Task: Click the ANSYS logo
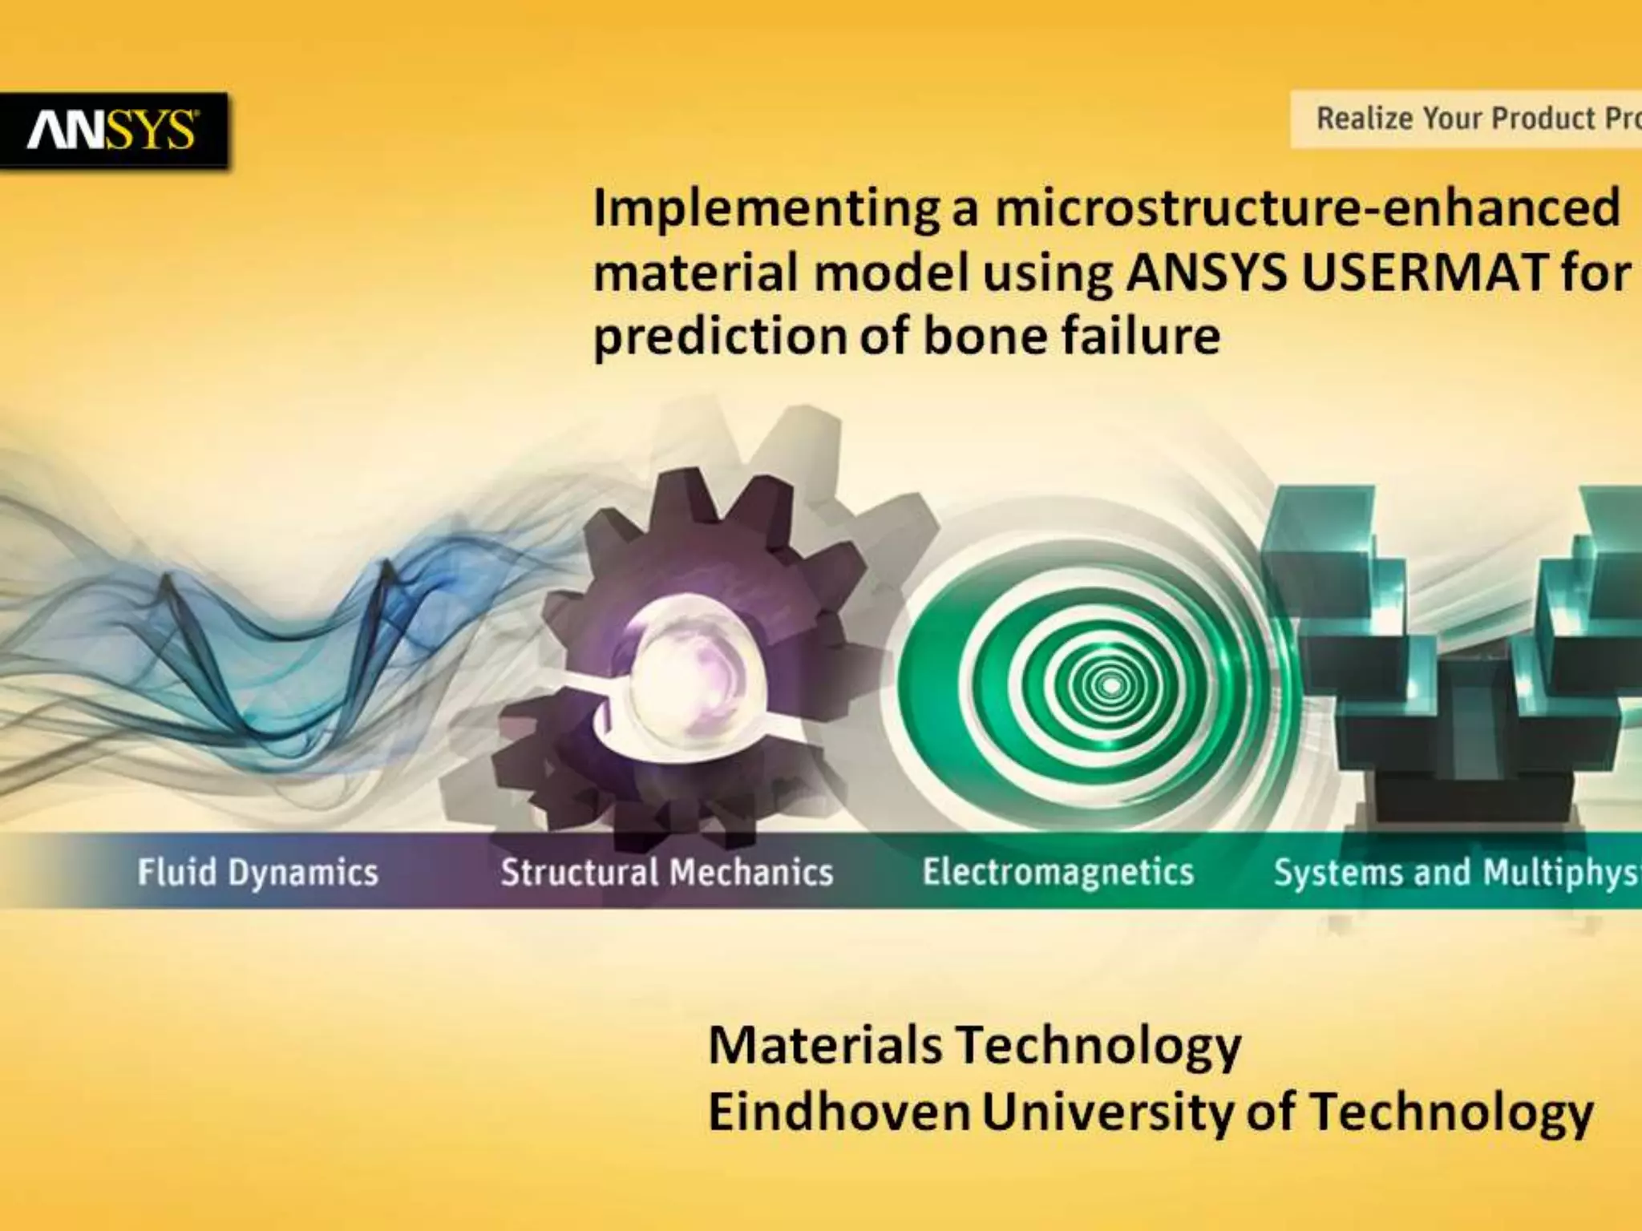[112, 130]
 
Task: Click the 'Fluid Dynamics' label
[257, 872]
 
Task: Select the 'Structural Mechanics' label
[666, 872]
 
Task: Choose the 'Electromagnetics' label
[1058, 872]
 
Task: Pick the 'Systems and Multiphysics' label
[1456, 872]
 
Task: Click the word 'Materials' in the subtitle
[825, 1045]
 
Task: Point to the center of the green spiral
[1110, 686]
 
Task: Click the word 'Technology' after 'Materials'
[1098, 1047]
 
